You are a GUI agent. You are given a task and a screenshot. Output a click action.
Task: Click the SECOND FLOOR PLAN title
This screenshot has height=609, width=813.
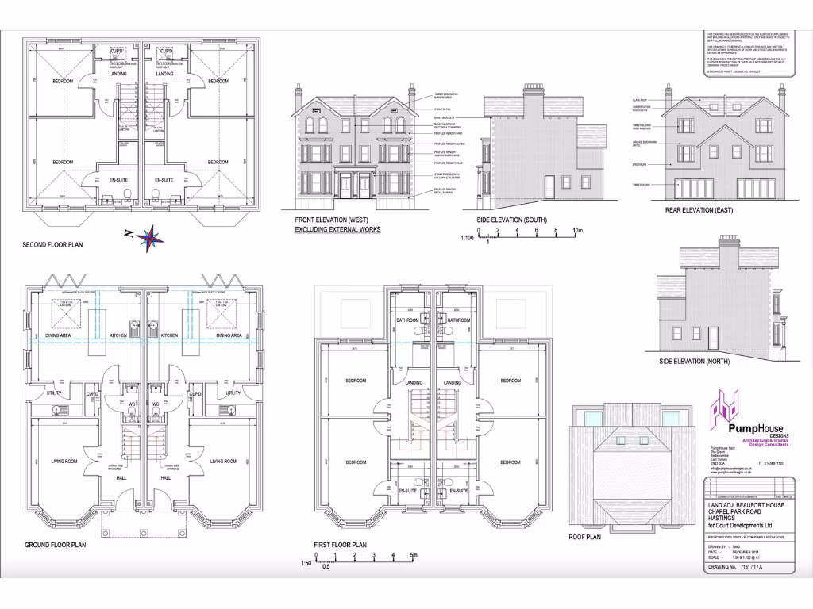[x=52, y=245]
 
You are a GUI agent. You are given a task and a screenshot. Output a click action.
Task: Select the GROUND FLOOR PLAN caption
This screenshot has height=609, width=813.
[x=55, y=545]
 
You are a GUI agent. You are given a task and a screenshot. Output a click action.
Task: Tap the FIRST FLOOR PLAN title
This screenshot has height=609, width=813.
[x=340, y=545]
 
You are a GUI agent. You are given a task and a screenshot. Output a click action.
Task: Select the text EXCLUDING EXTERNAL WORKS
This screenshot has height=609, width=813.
[x=337, y=229]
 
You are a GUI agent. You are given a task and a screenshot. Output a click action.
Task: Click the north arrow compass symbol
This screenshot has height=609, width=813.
[x=148, y=236]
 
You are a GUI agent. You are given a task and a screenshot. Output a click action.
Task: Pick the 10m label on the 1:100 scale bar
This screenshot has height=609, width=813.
[x=578, y=230]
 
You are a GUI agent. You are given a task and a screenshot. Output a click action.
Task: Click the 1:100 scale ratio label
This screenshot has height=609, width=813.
[x=468, y=237]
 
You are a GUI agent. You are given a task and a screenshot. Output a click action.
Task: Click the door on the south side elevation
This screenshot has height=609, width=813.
[x=549, y=186]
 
